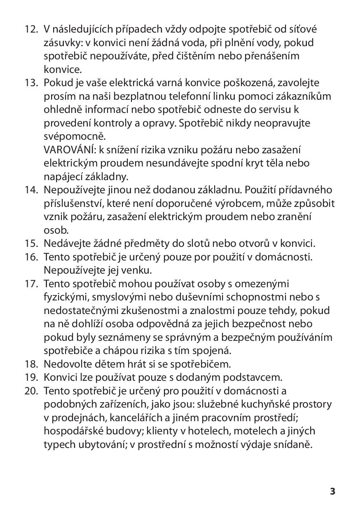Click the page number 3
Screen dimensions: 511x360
[x=332, y=491]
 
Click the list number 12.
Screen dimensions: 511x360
[x=31, y=30]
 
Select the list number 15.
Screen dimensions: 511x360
[x=31, y=243]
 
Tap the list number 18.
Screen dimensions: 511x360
[x=31, y=364]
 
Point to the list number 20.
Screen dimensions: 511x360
[x=31, y=391]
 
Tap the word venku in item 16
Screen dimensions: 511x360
[x=127, y=270]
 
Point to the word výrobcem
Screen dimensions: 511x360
[x=241, y=203]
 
